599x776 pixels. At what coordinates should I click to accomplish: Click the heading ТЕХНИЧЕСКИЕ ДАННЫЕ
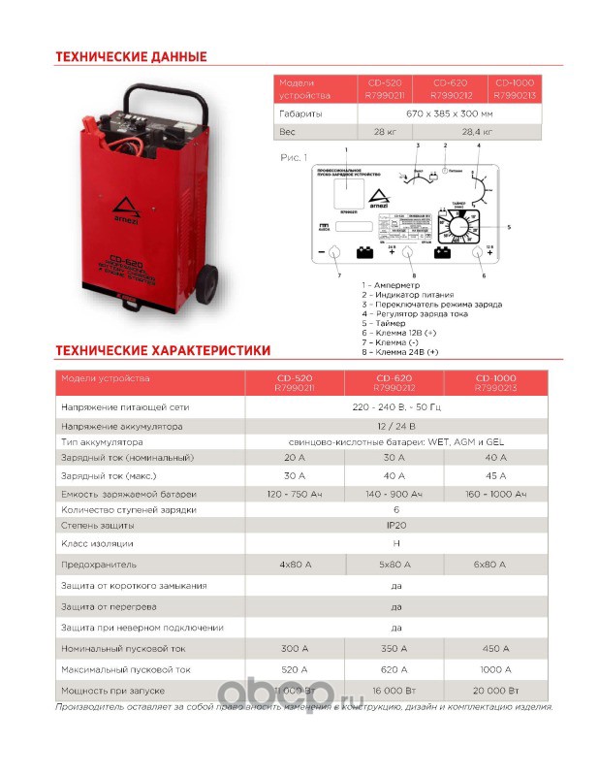(x=131, y=57)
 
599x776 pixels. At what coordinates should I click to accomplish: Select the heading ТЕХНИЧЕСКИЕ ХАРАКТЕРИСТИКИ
(x=163, y=349)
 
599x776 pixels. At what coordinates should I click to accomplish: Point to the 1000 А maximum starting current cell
(x=494, y=669)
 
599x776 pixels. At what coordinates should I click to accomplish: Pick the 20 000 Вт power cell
(x=494, y=690)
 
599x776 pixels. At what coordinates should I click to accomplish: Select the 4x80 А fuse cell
(x=295, y=564)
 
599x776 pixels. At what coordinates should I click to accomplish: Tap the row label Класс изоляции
(x=97, y=543)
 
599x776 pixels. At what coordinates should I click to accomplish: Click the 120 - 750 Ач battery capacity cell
(x=295, y=495)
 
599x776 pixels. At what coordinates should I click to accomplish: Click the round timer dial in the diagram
(x=455, y=224)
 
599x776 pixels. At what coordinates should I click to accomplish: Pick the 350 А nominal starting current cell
(x=394, y=649)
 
